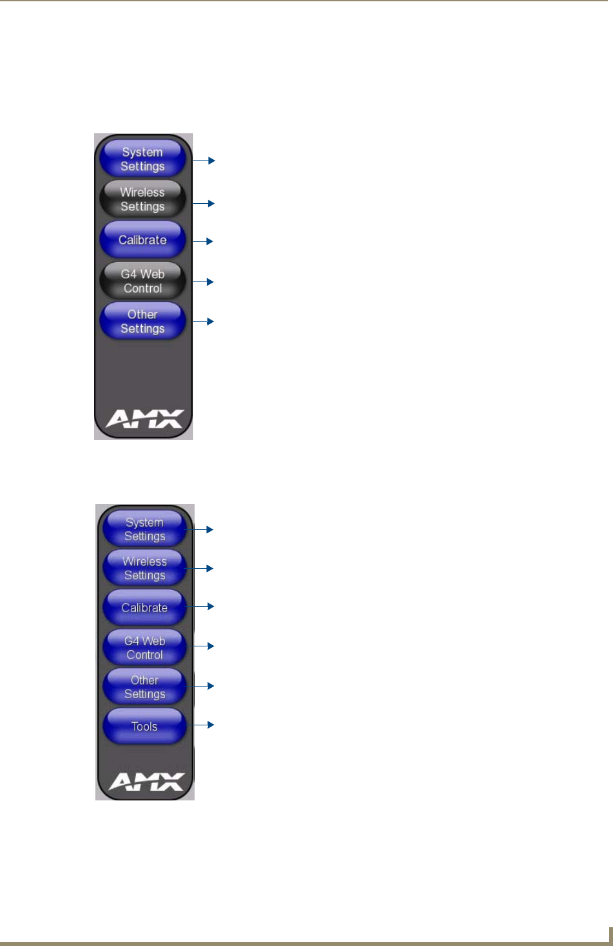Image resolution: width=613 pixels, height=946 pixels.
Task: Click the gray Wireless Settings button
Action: coord(142,199)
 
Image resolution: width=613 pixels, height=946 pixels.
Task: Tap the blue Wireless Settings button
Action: coord(144,568)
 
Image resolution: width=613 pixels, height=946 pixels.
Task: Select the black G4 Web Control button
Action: coord(142,281)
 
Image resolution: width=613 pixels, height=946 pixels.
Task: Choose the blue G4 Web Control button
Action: coord(144,647)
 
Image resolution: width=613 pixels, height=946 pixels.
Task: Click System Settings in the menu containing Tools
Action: coord(144,529)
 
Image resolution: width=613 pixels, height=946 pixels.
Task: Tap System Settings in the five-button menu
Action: coord(142,159)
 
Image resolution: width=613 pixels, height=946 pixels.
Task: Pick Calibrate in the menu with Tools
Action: coord(144,608)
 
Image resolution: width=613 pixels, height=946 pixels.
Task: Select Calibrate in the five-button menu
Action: coord(142,240)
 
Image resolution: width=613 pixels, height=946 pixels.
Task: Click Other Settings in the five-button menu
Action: coord(142,322)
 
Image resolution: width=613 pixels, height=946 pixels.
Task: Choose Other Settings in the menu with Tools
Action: coord(144,687)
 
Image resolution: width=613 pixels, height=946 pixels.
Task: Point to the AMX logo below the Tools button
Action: coord(146,782)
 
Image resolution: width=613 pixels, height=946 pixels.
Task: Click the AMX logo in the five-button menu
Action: coord(144,419)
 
